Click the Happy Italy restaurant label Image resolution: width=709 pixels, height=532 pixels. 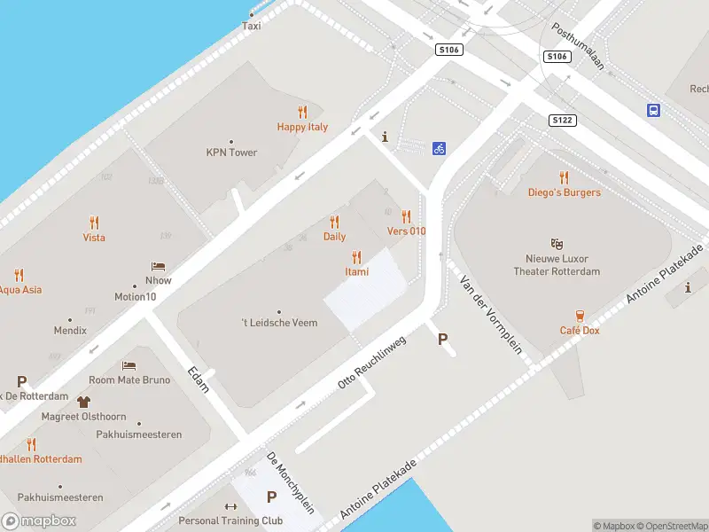point(302,127)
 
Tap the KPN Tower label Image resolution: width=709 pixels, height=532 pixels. point(231,153)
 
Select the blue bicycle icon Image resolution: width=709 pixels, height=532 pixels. point(439,148)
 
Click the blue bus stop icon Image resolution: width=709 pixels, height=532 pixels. point(653,111)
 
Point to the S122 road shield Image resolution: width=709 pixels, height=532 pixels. point(561,120)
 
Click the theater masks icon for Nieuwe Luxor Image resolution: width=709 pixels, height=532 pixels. point(557,243)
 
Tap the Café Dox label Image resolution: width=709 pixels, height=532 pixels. point(580,331)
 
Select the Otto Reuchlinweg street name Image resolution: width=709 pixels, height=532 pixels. point(371,363)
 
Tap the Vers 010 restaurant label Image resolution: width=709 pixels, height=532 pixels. point(407,231)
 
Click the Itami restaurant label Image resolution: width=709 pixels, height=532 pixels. point(357,271)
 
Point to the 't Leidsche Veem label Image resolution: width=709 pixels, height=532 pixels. point(279,323)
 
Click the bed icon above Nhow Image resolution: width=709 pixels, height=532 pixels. point(159,266)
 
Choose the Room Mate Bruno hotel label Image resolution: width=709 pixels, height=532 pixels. point(129,379)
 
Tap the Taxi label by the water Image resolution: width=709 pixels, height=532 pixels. point(252,26)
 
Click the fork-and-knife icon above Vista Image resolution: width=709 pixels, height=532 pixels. point(94,222)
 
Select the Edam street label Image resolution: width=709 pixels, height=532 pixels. point(200,379)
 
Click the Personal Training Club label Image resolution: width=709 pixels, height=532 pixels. point(230,520)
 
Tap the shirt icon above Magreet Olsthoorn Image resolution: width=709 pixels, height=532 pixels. point(83,403)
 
